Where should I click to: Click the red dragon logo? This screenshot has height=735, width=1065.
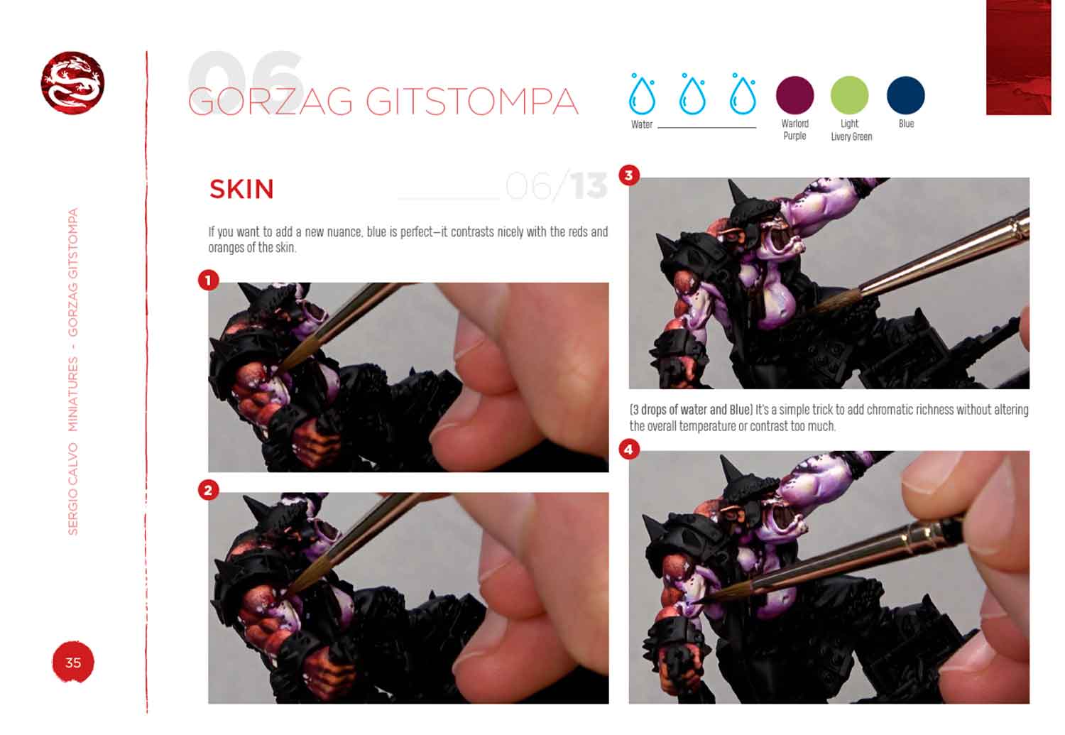point(72,82)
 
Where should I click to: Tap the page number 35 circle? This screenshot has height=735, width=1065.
point(72,662)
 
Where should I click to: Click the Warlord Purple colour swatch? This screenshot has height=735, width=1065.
point(794,95)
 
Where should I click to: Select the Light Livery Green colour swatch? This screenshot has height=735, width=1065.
point(850,95)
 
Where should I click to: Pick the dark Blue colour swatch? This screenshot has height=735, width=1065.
point(906,95)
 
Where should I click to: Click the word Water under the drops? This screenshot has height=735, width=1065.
point(641,124)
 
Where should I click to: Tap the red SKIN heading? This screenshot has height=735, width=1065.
point(241,189)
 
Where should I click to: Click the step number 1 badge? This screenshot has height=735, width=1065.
point(208,280)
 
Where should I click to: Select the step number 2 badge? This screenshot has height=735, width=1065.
point(208,490)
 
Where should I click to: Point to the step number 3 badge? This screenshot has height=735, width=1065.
point(629,175)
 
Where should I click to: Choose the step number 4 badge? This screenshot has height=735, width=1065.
point(629,450)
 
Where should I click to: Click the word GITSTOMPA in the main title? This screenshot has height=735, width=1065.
point(471,102)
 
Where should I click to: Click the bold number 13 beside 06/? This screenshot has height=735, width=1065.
point(589,186)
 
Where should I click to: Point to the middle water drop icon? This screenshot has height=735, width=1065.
point(692,94)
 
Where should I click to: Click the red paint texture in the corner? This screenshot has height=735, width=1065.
point(1018,57)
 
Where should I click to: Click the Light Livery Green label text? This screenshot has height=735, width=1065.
point(851,130)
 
